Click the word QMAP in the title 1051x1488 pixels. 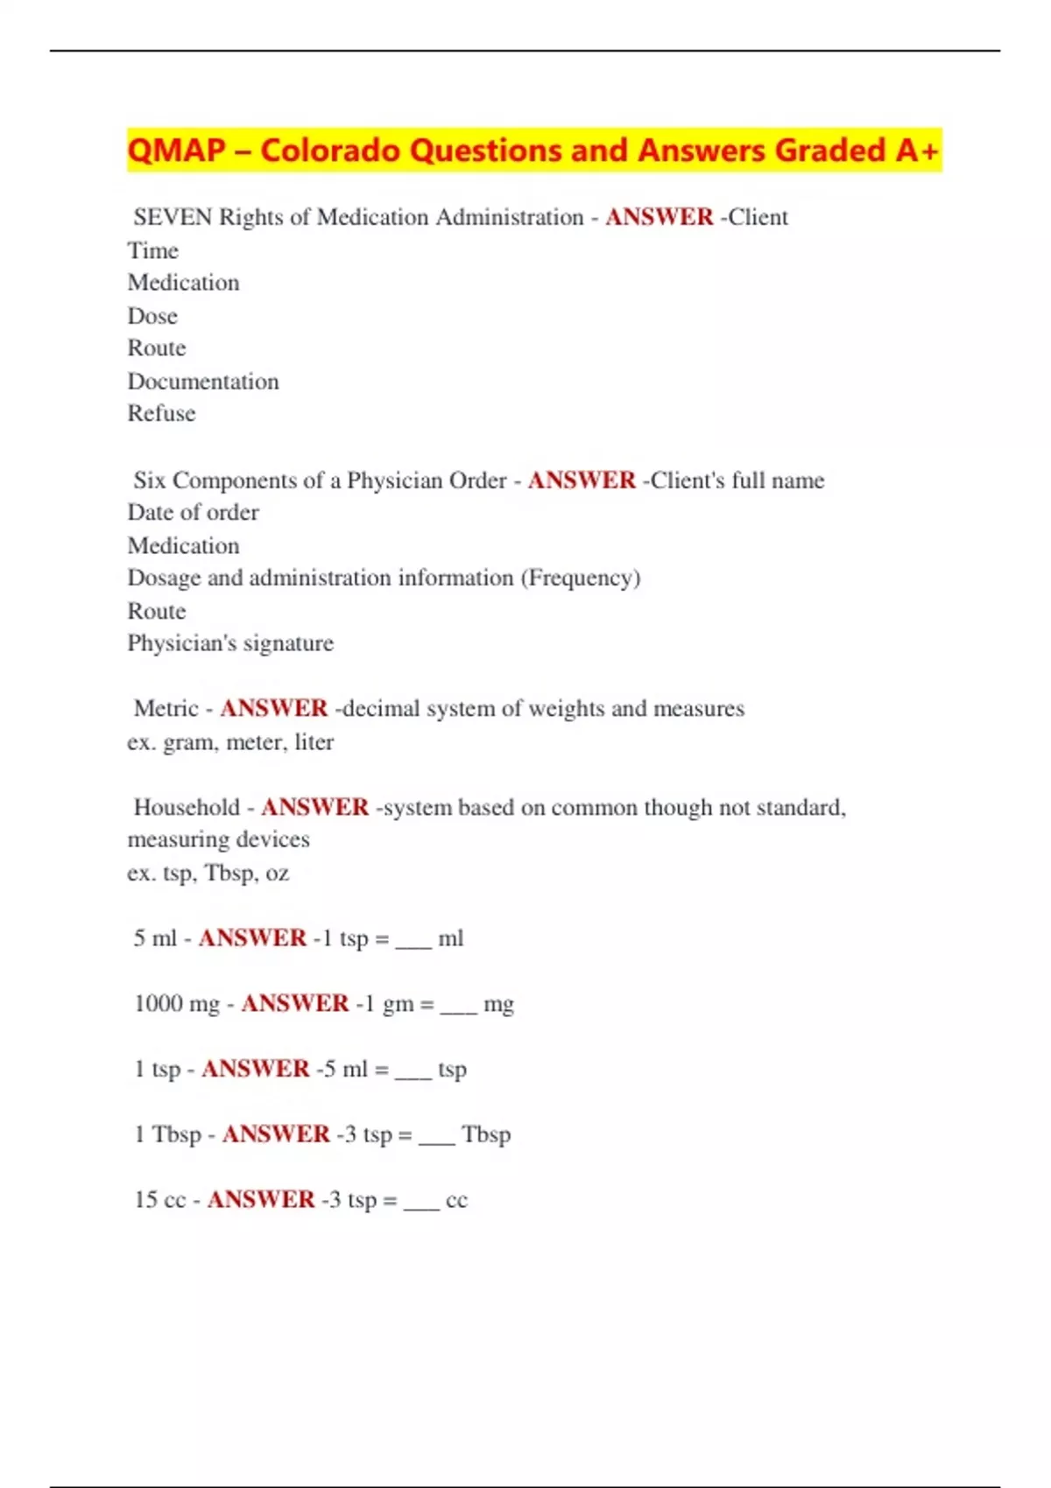tap(176, 151)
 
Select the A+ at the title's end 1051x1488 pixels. tap(917, 151)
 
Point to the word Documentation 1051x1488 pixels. tap(203, 382)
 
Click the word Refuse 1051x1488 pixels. tap(161, 414)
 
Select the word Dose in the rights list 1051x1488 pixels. tap(152, 316)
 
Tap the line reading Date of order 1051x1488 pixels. tap(193, 513)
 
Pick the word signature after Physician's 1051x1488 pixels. tap(288, 644)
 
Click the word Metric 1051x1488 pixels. tap(166, 709)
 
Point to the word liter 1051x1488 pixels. tap(314, 742)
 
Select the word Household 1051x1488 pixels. tap(187, 807)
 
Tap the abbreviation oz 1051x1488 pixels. tap(277, 874)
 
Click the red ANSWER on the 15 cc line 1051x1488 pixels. tap(261, 1199)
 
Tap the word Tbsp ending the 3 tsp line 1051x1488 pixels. tap(486, 1134)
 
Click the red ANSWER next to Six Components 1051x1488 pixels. tap(582, 481)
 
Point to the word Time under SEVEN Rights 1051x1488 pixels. tap(153, 251)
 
